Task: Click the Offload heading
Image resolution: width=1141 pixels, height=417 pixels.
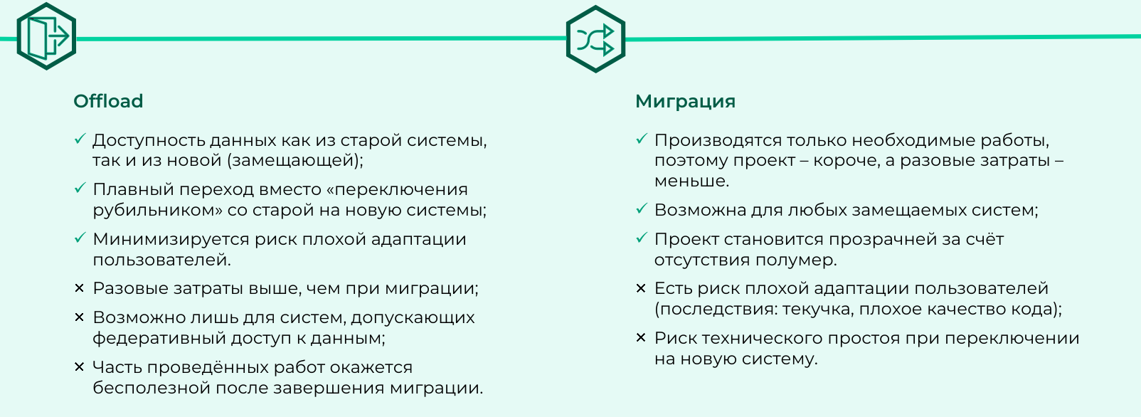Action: (x=108, y=101)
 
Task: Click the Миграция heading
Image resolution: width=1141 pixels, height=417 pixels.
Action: (x=685, y=102)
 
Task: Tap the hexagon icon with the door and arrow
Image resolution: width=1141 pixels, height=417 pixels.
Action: (x=46, y=36)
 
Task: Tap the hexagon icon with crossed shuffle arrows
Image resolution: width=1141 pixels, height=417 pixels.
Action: (x=595, y=38)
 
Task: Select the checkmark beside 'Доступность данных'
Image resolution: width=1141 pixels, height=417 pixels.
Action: (x=80, y=139)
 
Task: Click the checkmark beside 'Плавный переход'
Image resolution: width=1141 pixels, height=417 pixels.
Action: (x=80, y=188)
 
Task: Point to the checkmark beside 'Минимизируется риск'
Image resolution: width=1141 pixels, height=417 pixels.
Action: (x=80, y=238)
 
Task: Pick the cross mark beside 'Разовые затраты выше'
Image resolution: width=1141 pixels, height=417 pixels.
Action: (x=79, y=288)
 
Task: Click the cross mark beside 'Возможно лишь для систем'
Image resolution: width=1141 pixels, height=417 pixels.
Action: (x=79, y=317)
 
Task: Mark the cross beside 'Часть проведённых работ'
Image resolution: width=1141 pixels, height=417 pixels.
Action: (x=79, y=366)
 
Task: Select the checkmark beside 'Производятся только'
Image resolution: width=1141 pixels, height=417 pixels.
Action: (x=642, y=139)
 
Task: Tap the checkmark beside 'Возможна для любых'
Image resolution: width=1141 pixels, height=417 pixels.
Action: (x=642, y=208)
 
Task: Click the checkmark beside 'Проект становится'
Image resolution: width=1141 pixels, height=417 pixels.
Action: (x=642, y=238)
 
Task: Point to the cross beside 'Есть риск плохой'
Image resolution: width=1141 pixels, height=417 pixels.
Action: (x=641, y=288)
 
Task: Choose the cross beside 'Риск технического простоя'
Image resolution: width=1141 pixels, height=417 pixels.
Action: (x=641, y=337)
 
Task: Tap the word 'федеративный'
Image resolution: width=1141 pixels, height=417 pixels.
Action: (x=159, y=338)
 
